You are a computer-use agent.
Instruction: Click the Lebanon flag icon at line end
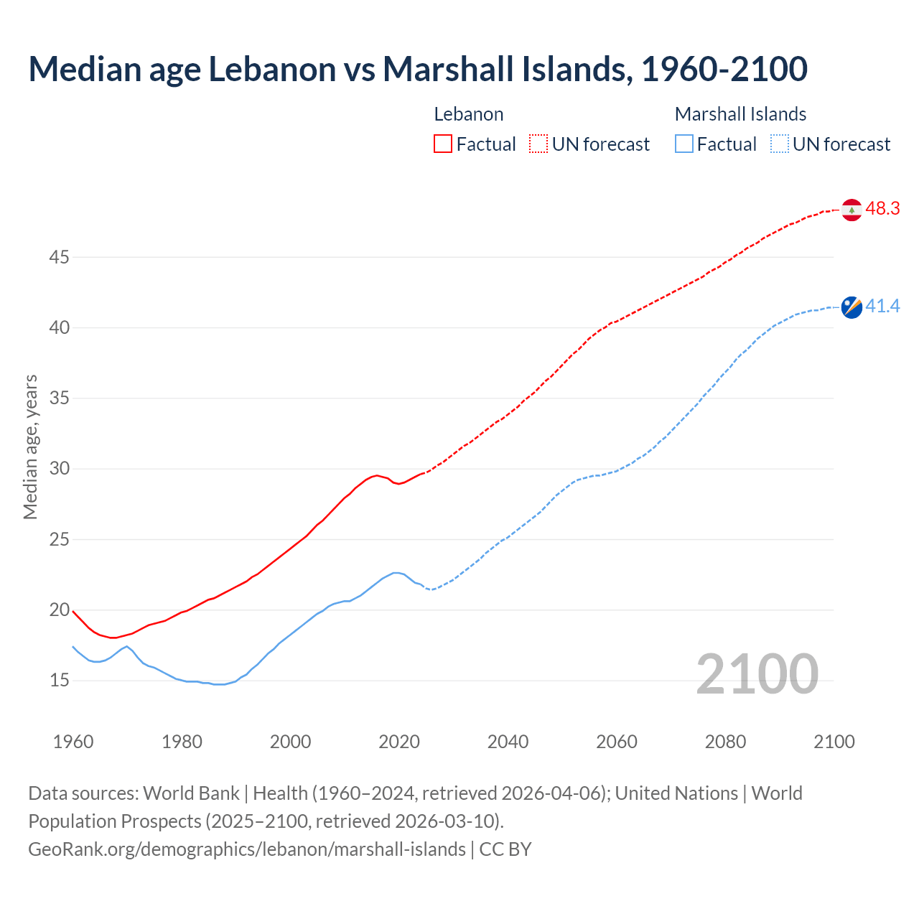click(x=852, y=210)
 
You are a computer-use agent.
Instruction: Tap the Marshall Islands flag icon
click(x=852, y=307)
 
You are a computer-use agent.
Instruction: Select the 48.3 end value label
click(x=882, y=209)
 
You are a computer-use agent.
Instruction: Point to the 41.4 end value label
click(x=882, y=307)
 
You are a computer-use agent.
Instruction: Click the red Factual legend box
click(x=443, y=144)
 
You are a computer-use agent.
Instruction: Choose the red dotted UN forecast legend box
click(x=538, y=144)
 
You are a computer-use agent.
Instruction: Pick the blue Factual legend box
click(x=684, y=144)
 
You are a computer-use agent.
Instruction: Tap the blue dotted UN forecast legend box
click(x=780, y=144)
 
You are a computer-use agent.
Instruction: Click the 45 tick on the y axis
click(x=59, y=257)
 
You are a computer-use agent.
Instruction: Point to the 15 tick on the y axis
click(x=59, y=680)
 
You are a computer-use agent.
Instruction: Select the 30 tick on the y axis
click(x=59, y=469)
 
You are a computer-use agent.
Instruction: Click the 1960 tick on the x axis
click(x=73, y=742)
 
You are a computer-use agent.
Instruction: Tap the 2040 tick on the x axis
click(x=508, y=742)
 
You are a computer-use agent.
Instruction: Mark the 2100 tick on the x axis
click(x=834, y=742)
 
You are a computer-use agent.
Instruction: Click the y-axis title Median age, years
click(x=30, y=447)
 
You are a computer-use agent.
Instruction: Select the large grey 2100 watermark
click(x=757, y=674)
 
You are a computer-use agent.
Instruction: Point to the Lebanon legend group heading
click(x=469, y=114)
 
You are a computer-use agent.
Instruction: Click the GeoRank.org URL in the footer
click(x=247, y=849)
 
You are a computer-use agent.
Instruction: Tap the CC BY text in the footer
click(x=505, y=849)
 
